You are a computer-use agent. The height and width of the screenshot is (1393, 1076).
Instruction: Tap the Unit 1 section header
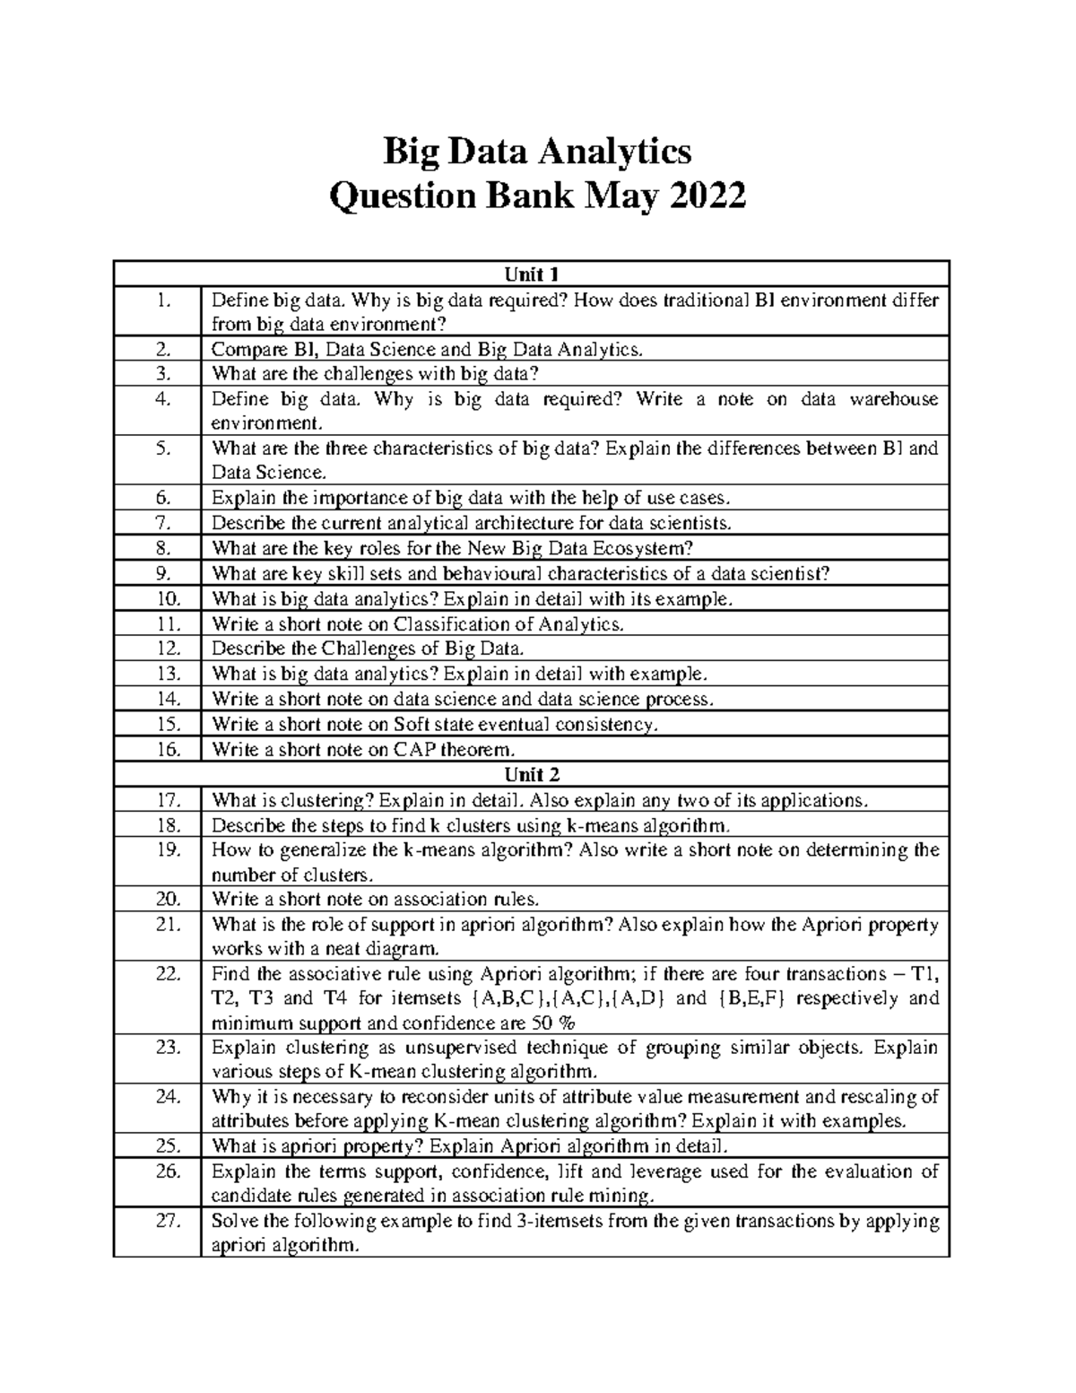pos(532,274)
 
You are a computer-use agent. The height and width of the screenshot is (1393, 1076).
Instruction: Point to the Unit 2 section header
pos(532,774)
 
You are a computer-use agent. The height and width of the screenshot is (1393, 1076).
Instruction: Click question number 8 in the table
pos(161,548)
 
